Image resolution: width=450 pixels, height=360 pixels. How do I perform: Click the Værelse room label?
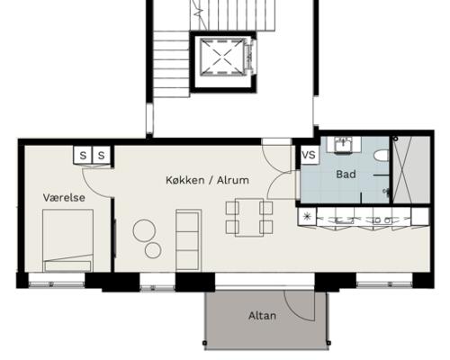64,198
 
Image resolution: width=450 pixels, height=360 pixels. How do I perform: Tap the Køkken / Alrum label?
208,180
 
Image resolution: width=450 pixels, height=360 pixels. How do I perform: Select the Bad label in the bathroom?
346,175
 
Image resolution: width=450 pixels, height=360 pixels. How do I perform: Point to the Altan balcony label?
262,316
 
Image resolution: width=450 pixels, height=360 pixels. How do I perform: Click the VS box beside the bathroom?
310,155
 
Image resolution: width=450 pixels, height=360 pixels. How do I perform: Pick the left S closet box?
83,155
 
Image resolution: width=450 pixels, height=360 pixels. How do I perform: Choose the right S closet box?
102,155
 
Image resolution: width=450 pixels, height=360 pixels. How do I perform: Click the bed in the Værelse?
67,240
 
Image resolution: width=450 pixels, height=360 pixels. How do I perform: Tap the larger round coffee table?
144,230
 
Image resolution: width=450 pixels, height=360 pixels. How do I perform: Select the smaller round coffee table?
153,250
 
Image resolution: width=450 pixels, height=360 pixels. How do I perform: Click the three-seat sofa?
188,239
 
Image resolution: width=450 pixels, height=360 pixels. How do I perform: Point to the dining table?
249,218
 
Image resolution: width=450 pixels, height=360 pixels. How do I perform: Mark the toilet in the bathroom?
382,156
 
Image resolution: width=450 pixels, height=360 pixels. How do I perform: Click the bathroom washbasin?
344,146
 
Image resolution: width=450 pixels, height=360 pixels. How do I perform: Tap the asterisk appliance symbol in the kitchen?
307,216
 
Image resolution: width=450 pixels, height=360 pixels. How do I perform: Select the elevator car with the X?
223,56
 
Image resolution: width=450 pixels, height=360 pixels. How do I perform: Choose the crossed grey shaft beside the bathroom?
411,169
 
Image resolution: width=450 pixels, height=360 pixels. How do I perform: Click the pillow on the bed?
67,266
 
